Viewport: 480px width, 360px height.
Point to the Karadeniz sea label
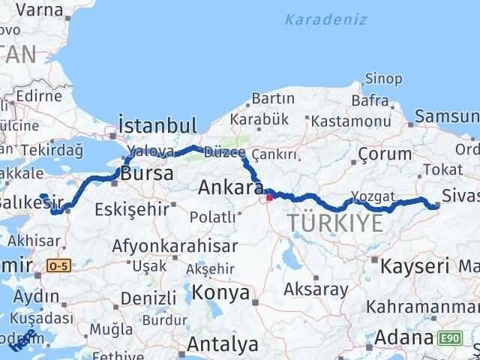(325, 19)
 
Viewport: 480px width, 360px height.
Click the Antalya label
(223, 344)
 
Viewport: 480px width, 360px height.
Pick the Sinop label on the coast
(384, 79)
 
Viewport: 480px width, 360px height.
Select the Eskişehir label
(132, 209)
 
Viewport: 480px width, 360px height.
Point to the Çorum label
(385, 154)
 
